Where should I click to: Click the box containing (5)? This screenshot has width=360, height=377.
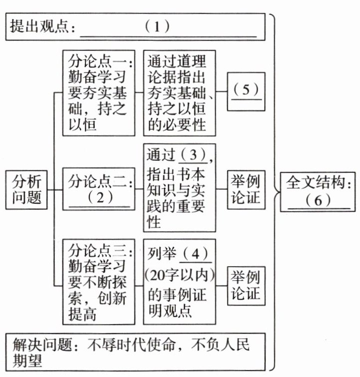[246, 89]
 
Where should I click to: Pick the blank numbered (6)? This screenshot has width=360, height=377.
[315, 200]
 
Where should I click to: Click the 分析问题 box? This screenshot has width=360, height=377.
[27, 190]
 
